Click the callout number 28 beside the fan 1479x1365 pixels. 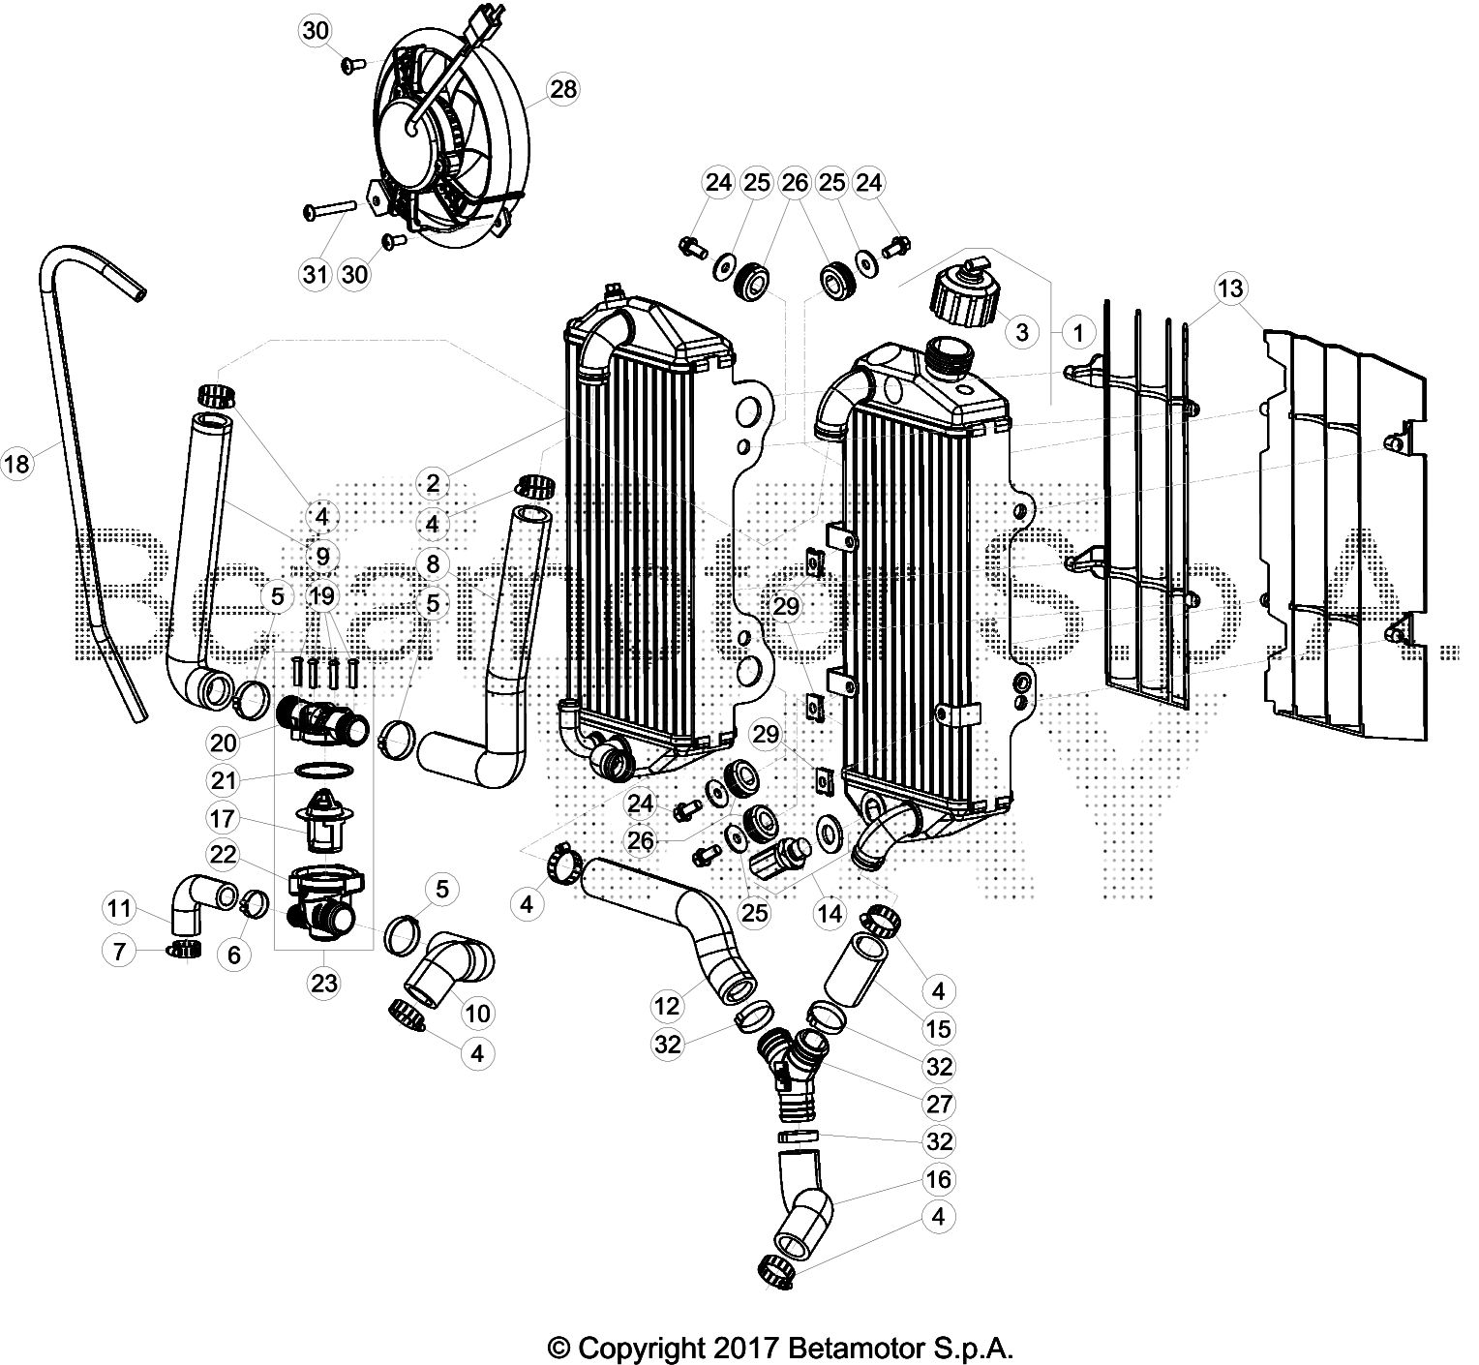(x=562, y=90)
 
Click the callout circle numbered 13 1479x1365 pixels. (x=1231, y=288)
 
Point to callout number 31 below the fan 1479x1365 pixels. (x=316, y=275)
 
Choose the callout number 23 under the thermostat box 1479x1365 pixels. (x=323, y=983)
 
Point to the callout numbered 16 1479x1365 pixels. (x=939, y=1179)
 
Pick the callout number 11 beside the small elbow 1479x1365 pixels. (x=119, y=908)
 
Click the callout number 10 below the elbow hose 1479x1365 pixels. (x=478, y=1014)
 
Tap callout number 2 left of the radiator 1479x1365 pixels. (x=433, y=481)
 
